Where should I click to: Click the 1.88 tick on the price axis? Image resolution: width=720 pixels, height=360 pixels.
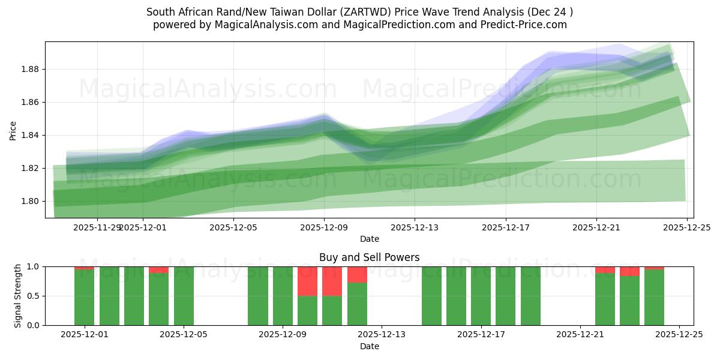(29, 69)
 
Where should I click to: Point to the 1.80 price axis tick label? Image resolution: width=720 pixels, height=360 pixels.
(29, 201)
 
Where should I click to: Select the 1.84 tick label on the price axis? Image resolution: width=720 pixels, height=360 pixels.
(29, 135)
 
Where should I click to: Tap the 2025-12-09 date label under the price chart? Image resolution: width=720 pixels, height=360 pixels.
(324, 228)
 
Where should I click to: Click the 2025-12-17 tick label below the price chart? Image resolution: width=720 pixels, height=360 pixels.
(506, 228)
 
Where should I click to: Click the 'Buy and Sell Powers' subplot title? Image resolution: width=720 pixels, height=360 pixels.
(369, 257)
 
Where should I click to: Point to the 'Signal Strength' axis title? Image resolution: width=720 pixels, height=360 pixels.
(17, 296)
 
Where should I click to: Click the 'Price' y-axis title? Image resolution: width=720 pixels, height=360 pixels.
(13, 130)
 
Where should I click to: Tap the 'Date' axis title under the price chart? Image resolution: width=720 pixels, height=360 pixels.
(369, 239)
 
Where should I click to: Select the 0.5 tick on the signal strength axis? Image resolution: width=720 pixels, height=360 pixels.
(33, 296)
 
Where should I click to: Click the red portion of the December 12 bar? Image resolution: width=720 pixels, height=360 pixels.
(357, 274)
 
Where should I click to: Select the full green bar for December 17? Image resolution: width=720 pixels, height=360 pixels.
(481, 296)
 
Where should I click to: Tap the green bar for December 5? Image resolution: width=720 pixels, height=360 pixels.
(184, 296)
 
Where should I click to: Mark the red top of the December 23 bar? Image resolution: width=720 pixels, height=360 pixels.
(629, 271)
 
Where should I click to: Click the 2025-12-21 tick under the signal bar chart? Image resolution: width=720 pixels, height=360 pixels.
(580, 335)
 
